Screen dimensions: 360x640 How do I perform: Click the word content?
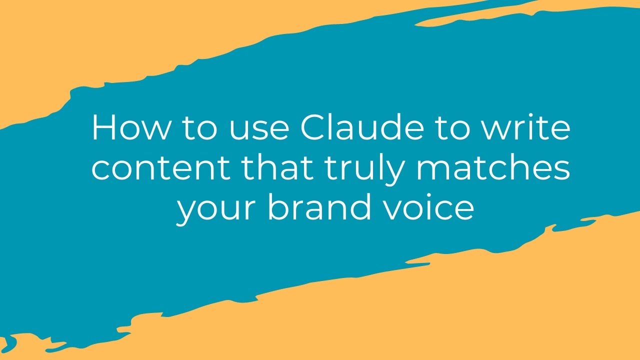[161, 168]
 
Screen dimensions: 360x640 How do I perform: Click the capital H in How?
[104, 128]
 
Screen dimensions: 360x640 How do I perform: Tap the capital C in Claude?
[313, 128]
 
